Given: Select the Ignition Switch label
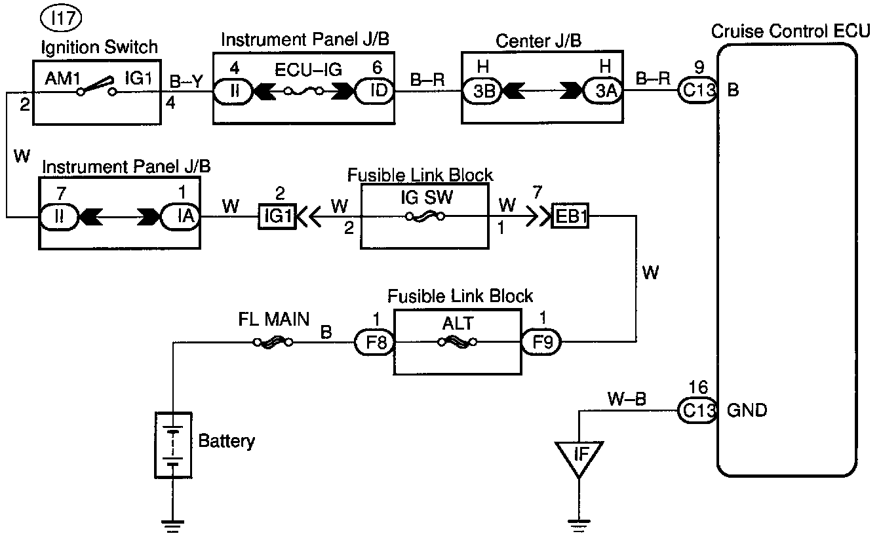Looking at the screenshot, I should [98, 47].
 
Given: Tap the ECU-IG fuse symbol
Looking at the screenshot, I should [303, 92].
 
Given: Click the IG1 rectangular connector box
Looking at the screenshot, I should [278, 216].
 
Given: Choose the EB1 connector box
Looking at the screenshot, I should [570, 216].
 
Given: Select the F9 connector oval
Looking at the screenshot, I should [541, 341].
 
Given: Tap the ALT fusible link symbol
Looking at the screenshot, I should [457, 341].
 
